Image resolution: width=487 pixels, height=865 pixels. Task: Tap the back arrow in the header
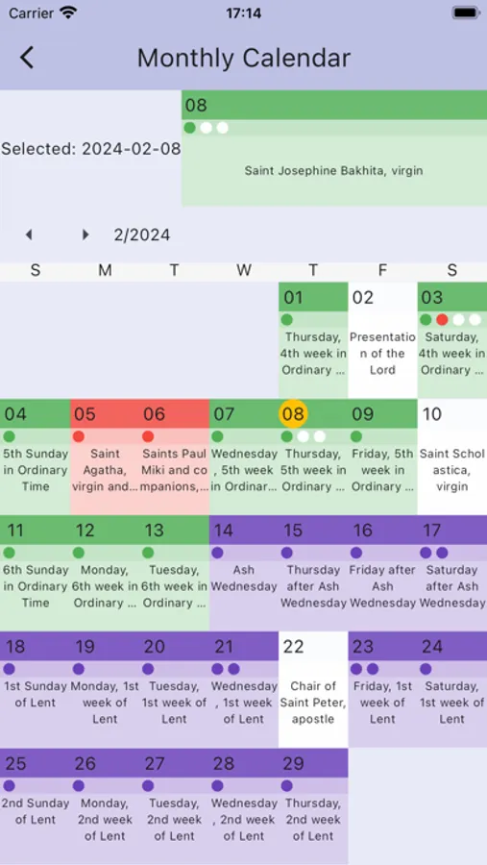27,58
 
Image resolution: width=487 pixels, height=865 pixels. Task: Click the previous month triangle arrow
29,235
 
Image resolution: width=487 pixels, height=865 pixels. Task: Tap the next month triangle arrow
85,235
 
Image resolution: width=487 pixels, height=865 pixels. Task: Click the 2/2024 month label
142,235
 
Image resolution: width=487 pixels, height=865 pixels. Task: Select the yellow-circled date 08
293,414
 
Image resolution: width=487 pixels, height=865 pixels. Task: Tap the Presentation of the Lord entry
382,353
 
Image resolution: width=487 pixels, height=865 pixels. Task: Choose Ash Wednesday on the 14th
244,578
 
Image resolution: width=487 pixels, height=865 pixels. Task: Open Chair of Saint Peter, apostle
313,703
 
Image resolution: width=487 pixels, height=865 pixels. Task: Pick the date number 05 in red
85,414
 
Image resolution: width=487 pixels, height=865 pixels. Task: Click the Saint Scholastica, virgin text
451,470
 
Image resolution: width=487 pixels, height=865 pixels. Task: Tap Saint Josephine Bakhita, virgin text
333,171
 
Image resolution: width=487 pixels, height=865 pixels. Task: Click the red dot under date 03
442,319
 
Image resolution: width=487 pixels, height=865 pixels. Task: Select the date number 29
293,764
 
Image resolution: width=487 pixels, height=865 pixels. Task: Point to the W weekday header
244,271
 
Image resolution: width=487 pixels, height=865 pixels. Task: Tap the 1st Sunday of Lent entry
35,694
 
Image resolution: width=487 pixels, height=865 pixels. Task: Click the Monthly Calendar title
243,58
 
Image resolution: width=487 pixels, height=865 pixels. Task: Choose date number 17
432,531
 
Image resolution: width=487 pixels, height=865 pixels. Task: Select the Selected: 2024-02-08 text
90,149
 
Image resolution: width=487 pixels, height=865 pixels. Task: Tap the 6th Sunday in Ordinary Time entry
35,586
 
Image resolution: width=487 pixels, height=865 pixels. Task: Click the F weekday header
382,271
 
